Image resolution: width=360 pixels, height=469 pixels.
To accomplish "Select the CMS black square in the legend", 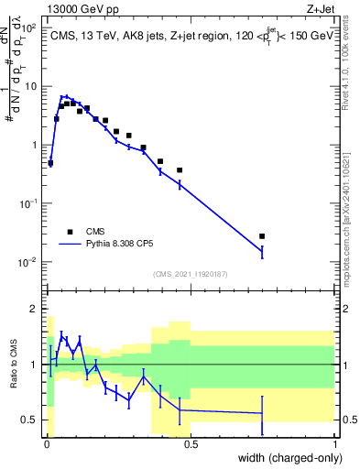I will pos(70,232).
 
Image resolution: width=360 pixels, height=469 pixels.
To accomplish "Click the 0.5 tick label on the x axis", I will pos(191,444).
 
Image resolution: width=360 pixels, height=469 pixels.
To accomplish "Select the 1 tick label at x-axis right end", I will pos(334,444).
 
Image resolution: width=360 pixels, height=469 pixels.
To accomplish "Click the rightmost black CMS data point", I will pos(262,236).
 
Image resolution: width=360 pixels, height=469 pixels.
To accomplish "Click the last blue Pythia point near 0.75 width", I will pos(262,250).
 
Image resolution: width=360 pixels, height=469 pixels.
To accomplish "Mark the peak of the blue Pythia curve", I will pos(64,95).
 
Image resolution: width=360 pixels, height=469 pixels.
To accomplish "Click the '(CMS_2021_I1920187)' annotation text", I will pos(189,274).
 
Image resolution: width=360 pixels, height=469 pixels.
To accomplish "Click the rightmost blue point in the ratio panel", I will pos(262,414).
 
